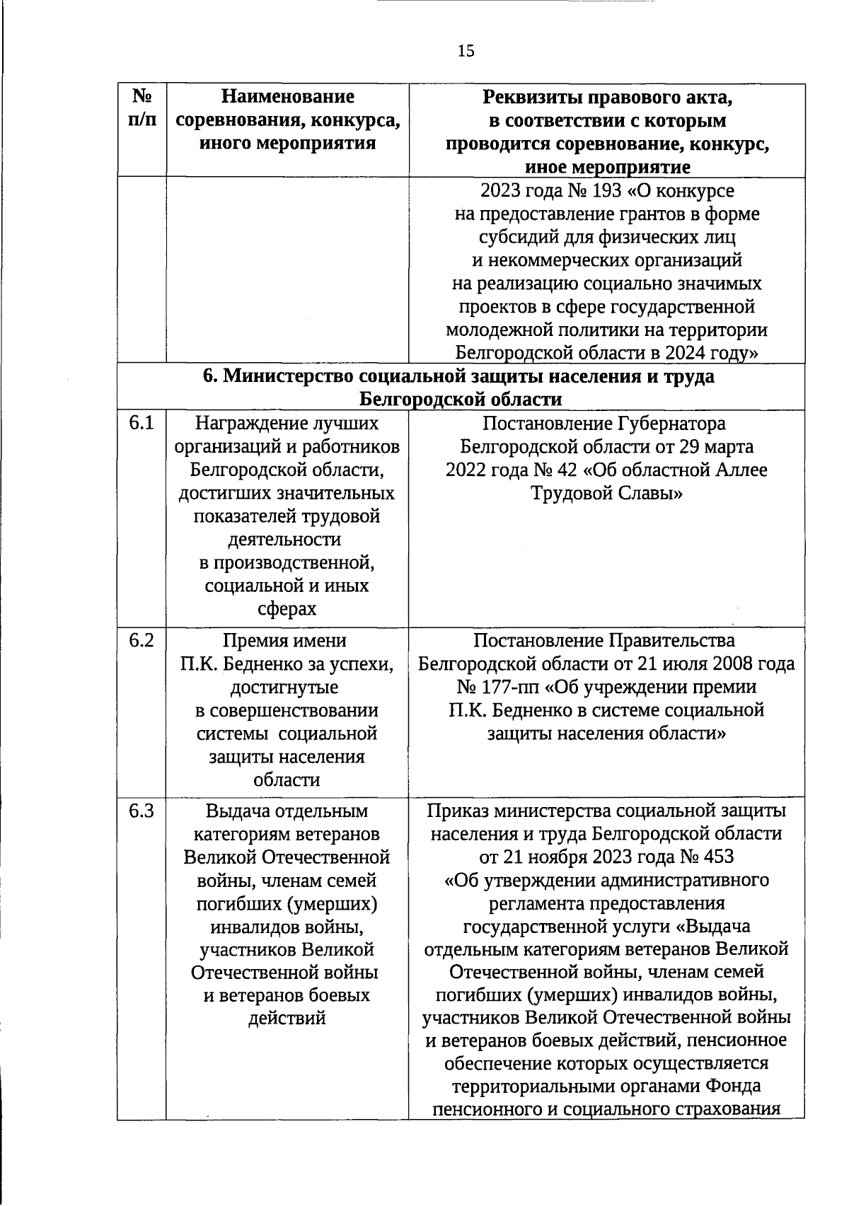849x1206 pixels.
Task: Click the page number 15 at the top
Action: click(466, 51)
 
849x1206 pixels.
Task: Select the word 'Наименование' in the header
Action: click(287, 97)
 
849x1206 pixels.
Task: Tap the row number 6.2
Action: click(141, 640)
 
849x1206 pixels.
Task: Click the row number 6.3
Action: click(141, 811)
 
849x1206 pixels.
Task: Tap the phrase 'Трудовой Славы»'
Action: click(606, 493)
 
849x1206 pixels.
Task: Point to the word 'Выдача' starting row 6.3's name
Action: click(236, 811)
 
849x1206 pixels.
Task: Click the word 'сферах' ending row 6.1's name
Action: click(287, 609)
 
